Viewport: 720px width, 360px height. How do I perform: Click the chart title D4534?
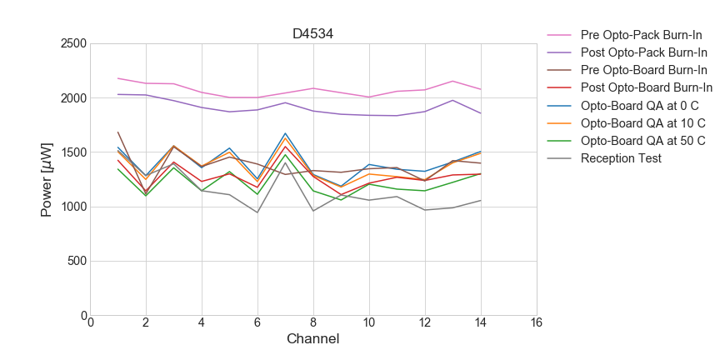(x=312, y=34)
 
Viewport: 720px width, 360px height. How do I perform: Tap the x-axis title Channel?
(x=312, y=339)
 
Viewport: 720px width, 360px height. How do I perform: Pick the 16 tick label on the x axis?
(x=535, y=323)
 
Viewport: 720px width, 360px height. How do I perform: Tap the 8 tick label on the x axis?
(x=312, y=323)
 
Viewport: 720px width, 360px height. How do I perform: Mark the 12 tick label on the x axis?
(x=424, y=323)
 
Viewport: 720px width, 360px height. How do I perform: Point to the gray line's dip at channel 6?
(x=257, y=212)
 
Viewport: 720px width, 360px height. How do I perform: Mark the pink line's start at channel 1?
(x=118, y=78)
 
